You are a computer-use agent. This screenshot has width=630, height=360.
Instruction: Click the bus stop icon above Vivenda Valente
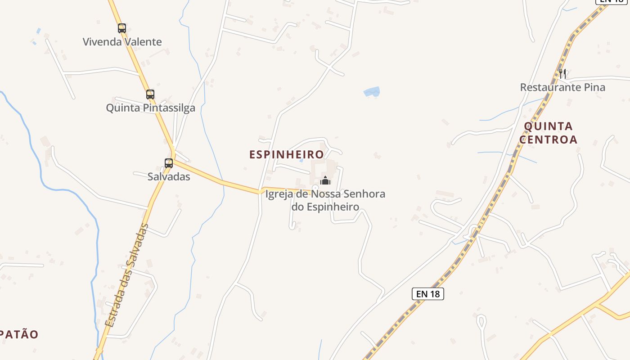[x=122, y=28]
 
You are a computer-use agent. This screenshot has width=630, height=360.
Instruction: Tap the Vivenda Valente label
[x=122, y=42]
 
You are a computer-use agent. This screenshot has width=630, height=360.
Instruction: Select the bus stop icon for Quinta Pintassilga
[x=150, y=94]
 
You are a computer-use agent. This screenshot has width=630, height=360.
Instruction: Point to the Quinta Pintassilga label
[x=150, y=108]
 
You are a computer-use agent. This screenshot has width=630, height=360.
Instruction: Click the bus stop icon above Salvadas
[x=169, y=163]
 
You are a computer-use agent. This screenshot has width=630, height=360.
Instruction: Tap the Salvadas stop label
[x=169, y=176]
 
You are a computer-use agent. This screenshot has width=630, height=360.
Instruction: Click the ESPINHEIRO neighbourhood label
[x=287, y=154]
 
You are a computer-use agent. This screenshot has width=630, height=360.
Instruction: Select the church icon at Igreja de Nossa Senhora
[x=325, y=181]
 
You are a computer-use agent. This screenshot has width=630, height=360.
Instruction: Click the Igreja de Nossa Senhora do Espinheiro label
[x=325, y=200]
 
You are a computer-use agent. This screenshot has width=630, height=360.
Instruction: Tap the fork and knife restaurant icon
[x=562, y=73]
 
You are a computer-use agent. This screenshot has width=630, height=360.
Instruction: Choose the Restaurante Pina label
[x=562, y=87]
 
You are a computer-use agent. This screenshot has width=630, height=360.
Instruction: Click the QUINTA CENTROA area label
[x=548, y=133]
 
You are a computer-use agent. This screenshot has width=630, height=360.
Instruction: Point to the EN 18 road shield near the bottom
[x=427, y=294]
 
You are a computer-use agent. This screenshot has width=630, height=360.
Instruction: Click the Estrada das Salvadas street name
[x=126, y=275]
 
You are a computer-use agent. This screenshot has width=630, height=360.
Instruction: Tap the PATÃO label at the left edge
[x=19, y=334]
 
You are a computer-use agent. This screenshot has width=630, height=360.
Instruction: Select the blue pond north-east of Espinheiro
[x=372, y=92]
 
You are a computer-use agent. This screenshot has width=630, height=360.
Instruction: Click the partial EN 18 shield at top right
[x=612, y=1]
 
